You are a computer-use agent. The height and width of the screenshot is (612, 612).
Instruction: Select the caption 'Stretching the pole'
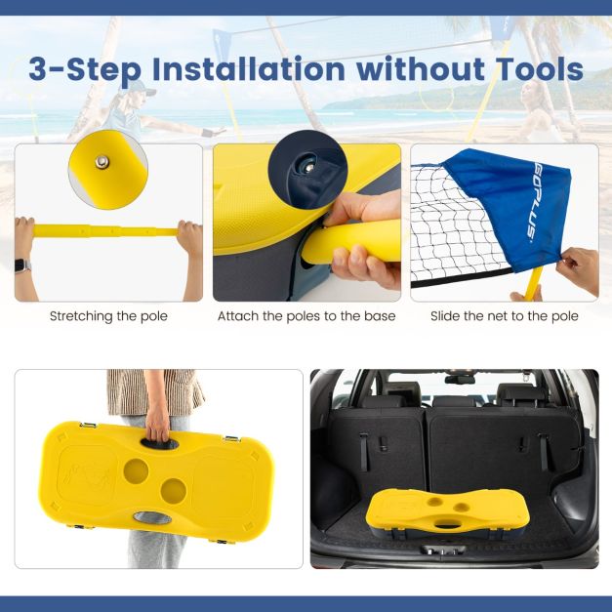[108, 316]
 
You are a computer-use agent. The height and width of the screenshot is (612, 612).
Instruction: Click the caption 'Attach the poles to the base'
[306, 316]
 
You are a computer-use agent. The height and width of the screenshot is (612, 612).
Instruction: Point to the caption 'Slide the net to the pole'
[505, 316]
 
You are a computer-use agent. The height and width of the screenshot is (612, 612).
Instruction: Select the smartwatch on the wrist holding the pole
[22, 265]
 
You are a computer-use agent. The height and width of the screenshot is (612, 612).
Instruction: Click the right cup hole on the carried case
[174, 488]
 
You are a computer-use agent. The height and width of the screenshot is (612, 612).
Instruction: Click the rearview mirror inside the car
[459, 377]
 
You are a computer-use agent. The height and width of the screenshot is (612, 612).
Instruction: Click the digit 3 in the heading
[41, 70]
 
